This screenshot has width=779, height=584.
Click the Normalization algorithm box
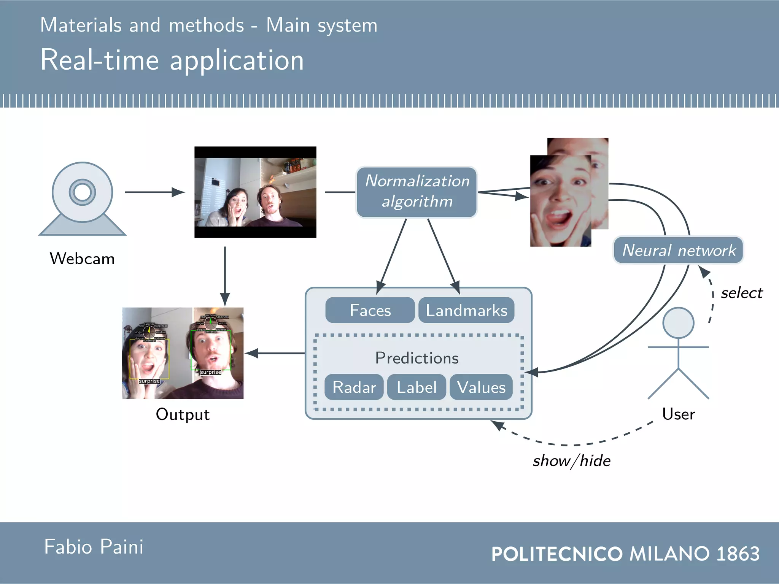[417, 192]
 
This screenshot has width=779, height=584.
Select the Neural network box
[678, 250]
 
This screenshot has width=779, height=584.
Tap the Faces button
[370, 310]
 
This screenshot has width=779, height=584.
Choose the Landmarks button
[466, 310]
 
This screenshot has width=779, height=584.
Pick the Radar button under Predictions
[354, 387]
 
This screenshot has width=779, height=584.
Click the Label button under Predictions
[417, 387]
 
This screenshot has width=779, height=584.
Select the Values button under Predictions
[481, 387]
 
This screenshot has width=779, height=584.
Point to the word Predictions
[417, 358]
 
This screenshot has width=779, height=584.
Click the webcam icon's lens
[82, 192]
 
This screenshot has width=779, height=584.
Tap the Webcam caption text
[82, 259]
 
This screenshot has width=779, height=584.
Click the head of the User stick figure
[678, 323]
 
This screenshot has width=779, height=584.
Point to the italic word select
[741, 293]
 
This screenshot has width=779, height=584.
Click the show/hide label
[571, 461]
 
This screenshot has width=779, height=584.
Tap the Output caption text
[183, 414]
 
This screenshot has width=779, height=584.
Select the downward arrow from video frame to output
[225, 276]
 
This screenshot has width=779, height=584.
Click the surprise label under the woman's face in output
[149, 381]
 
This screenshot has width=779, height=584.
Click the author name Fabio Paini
[94, 547]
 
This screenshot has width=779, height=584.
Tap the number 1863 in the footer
[738, 554]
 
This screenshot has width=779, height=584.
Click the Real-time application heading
[172, 60]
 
